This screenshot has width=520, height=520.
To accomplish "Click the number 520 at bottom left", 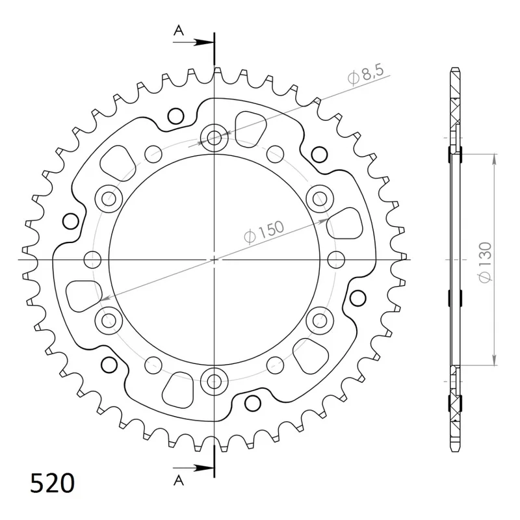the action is click(53, 483).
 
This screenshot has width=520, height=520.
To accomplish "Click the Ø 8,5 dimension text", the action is click(365, 75).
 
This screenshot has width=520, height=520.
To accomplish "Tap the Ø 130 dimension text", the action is click(485, 263).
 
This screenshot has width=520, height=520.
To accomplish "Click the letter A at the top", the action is click(179, 31).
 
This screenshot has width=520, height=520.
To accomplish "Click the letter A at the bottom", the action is click(179, 480).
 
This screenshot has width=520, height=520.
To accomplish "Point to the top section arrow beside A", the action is click(192, 42).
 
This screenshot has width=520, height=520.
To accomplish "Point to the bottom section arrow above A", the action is click(192, 468).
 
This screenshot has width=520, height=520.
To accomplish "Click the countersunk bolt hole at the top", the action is click(214, 138).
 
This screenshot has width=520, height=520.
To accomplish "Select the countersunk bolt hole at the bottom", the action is click(214, 381).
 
